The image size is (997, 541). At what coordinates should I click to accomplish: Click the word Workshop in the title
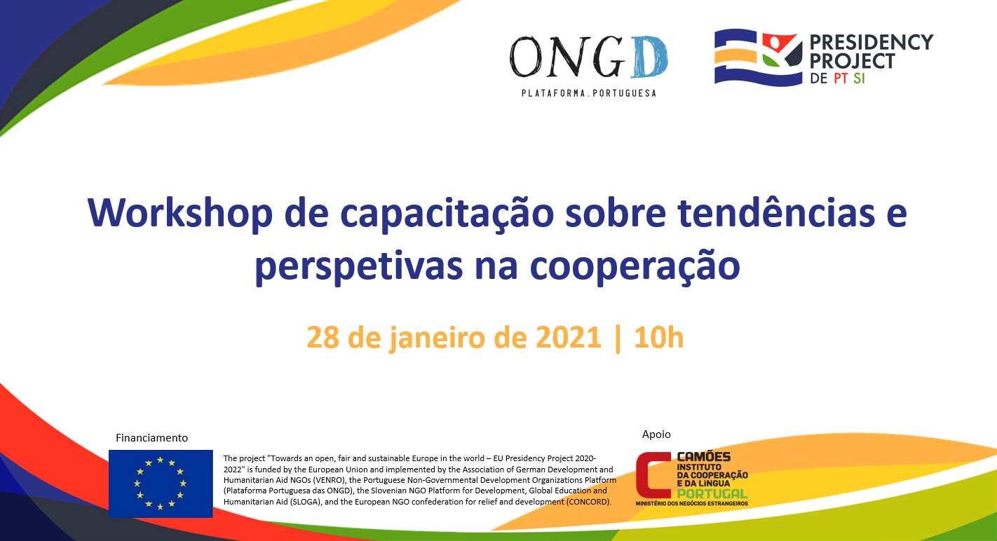pyautogui.click(x=179, y=213)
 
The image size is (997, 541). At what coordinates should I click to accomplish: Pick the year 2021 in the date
pyautogui.click(x=569, y=337)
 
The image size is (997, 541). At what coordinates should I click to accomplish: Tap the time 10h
pyautogui.click(x=658, y=337)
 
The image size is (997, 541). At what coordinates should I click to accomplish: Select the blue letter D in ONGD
pyautogui.click(x=649, y=57)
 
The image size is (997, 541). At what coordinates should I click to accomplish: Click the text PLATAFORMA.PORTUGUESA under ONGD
pyautogui.click(x=589, y=93)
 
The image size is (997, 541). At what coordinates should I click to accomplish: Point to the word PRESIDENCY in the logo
pyautogui.click(x=871, y=42)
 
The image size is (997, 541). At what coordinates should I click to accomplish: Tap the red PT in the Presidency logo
pyautogui.click(x=841, y=78)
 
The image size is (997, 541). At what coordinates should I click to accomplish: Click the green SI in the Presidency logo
pyautogui.click(x=859, y=78)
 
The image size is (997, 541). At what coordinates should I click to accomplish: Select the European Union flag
pyautogui.click(x=161, y=484)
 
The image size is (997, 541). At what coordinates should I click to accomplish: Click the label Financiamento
pyautogui.click(x=151, y=438)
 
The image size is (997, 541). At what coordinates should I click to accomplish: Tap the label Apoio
pyautogui.click(x=656, y=434)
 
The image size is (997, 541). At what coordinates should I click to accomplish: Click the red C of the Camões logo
pyautogui.click(x=653, y=475)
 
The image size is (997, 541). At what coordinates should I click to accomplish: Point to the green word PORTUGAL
pyautogui.click(x=712, y=494)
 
